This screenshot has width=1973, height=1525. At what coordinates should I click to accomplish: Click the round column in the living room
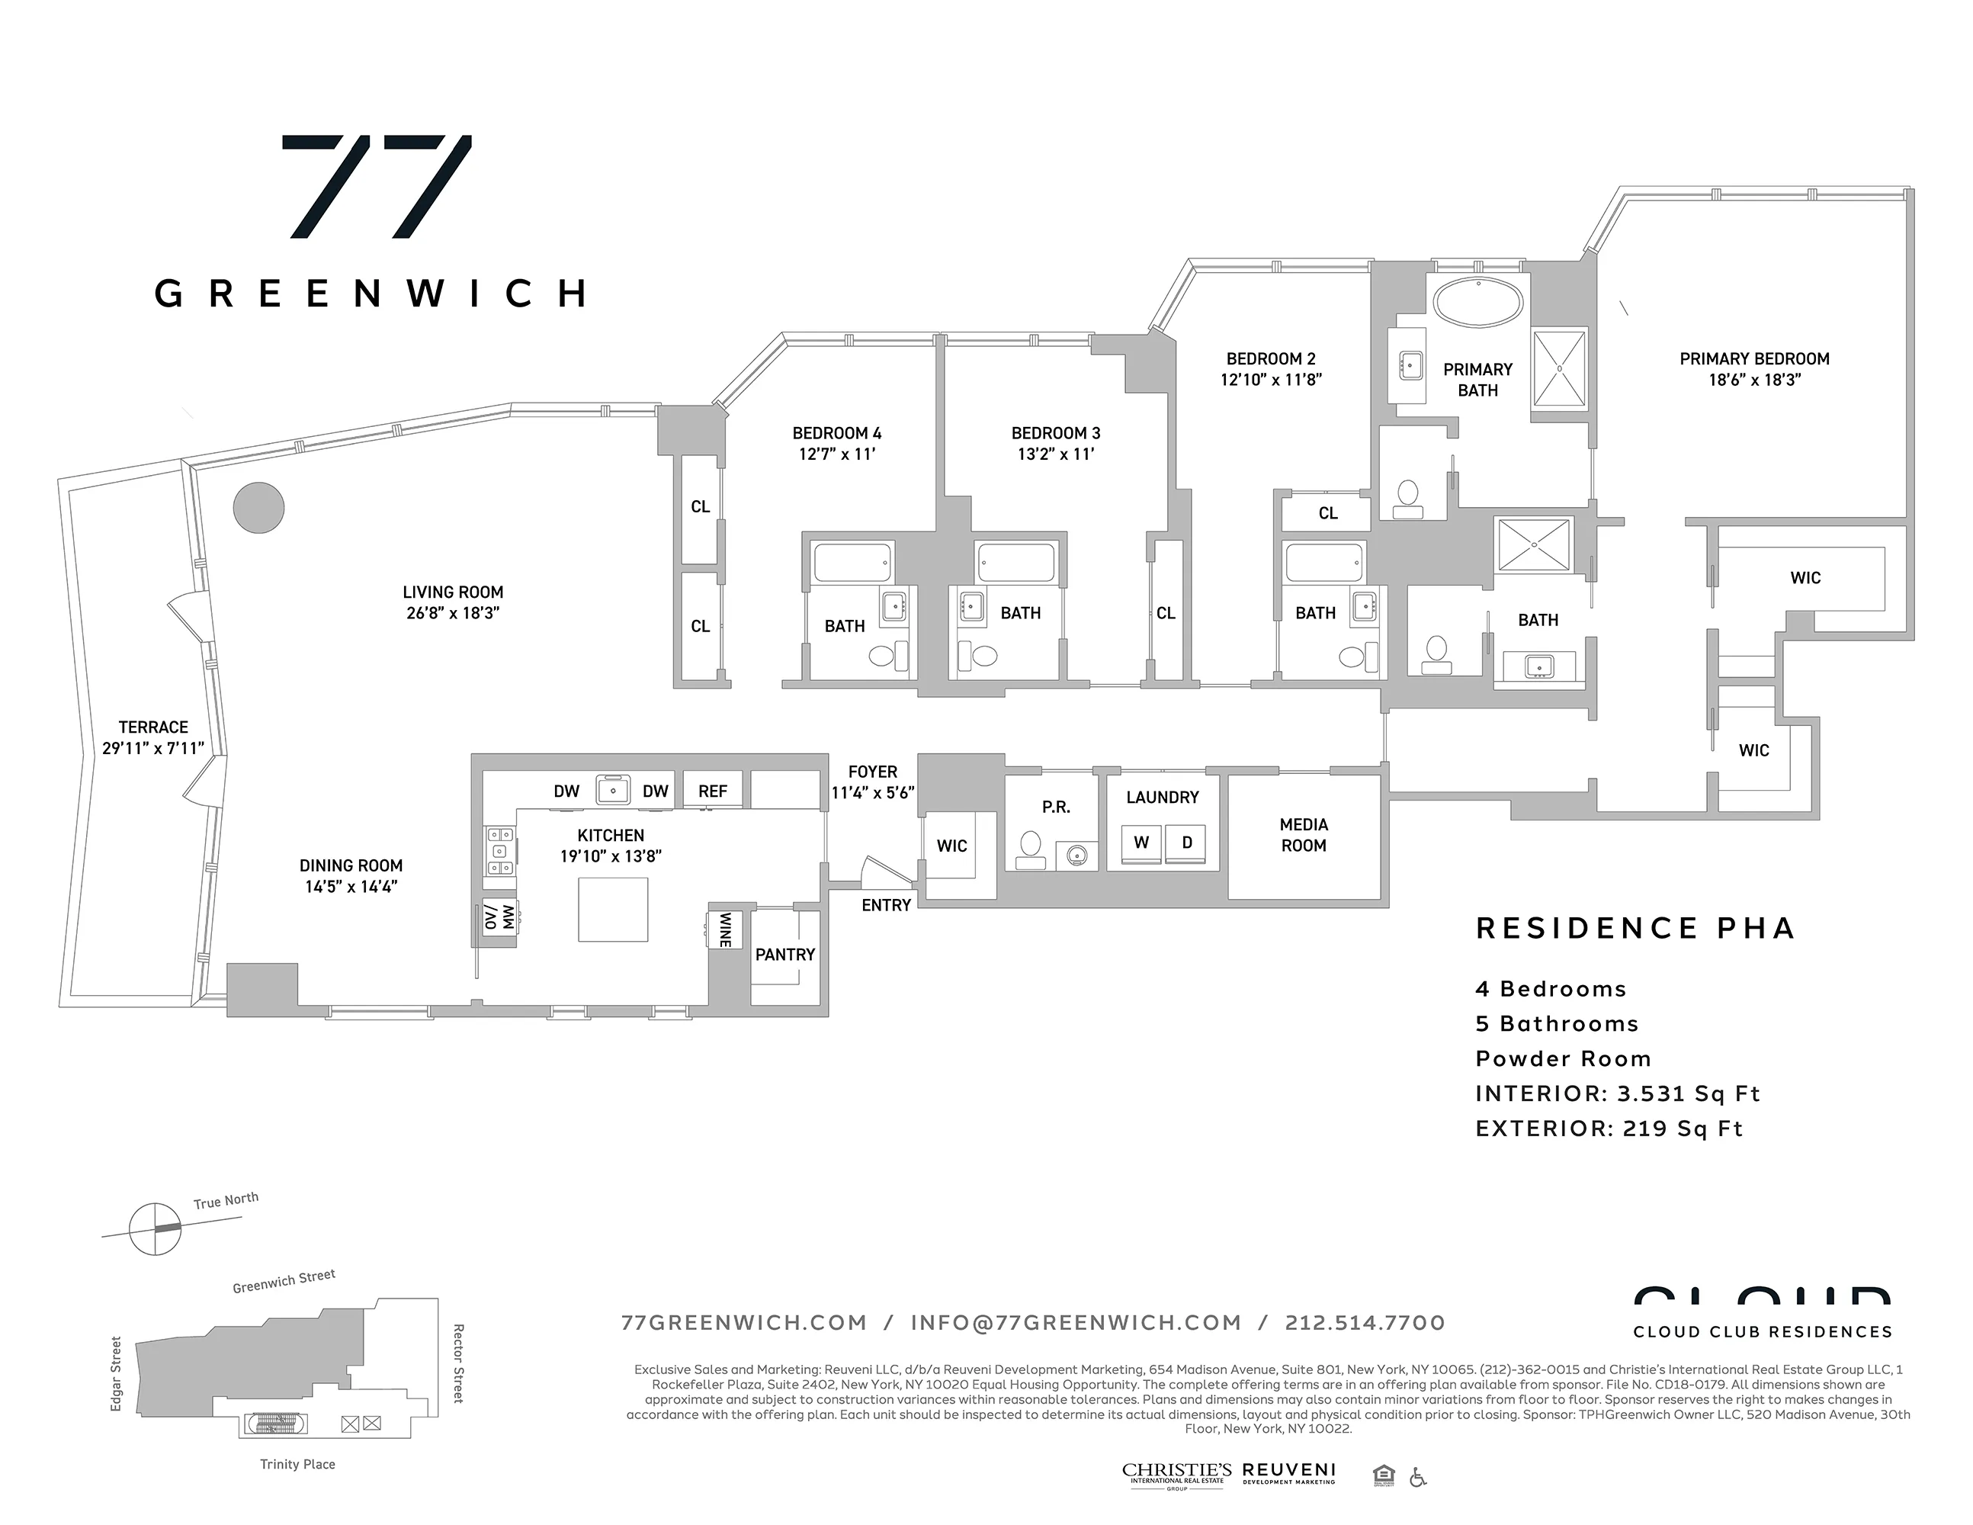pyautogui.click(x=258, y=508)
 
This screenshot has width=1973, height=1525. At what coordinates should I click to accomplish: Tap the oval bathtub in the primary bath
pyautogui.click(x=1478, y=303)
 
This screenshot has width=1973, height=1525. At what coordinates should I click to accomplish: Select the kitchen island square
pyautogui.click(x=614, y=909)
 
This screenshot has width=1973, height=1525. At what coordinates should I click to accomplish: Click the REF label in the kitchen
pyautogui.click(x=712, y=791)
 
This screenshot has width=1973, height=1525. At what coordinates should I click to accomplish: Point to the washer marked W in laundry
pyautogui.click(x=1141, y=843)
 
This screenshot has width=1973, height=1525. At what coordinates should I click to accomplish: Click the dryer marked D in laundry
pyautogui.click(x=1186, y=843)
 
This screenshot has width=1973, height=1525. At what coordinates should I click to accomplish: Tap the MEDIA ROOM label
pyautogui.click(x=1304, y=835)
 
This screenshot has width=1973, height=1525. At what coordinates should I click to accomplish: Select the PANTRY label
pyautogui.click(x=785, y=954)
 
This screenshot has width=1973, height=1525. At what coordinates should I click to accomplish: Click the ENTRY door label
pyautogui.click(x=885, y=905)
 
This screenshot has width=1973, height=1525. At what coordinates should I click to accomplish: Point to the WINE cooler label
pyautogui.click(x=724, y=929)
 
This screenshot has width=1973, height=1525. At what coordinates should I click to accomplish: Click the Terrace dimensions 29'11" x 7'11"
pyautogui.click(x=152, y=748)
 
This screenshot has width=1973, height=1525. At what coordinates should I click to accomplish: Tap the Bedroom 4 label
pyautogui.click(x=836, y=433)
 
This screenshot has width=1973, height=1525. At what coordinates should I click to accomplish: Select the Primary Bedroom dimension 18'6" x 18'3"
pyautogui.click(x=1753, y=380)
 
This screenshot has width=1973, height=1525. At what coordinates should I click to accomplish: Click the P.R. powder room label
pyautogui.click(x=1055, y=807)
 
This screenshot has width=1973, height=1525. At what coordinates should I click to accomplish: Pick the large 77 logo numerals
pyautogui.click(x=377, y=187)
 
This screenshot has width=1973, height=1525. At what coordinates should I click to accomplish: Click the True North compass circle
pyautogui.click(x=155, y=1228)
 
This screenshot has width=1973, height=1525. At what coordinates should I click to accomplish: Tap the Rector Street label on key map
pyautogui.click(x=458, y=1363)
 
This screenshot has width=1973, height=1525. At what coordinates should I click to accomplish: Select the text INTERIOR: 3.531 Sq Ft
pyautogui.click(x=1617, y=1093)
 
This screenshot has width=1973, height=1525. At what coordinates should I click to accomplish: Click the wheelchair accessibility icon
pyautogui.click(x=1417, y=1477)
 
